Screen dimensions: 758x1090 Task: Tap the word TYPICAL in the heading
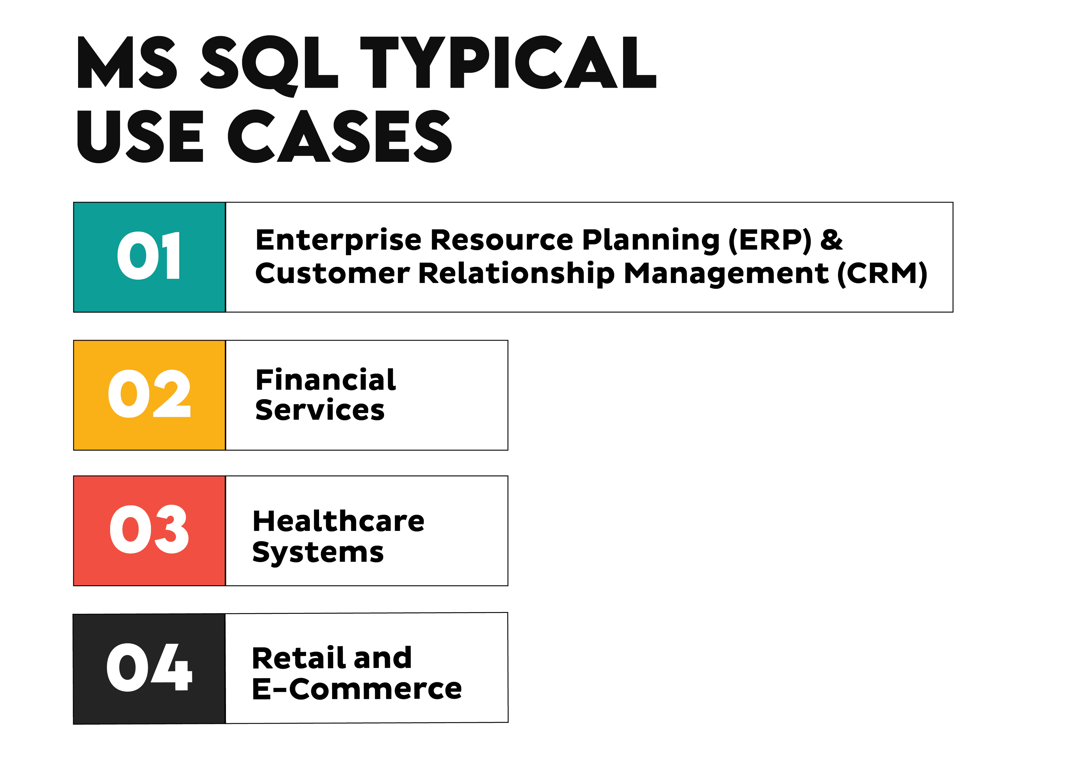[508, 63]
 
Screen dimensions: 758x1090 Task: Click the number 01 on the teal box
[149, 256]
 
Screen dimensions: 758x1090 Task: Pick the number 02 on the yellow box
[149, 394]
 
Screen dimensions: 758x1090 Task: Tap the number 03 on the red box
[149, 530]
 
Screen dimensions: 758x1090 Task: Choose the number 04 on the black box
[149, 668]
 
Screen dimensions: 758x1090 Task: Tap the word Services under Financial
[320, 410]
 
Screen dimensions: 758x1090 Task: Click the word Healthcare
[338, 522]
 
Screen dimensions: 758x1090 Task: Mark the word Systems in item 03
[318, 553]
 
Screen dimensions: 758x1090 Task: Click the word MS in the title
[127, 63]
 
